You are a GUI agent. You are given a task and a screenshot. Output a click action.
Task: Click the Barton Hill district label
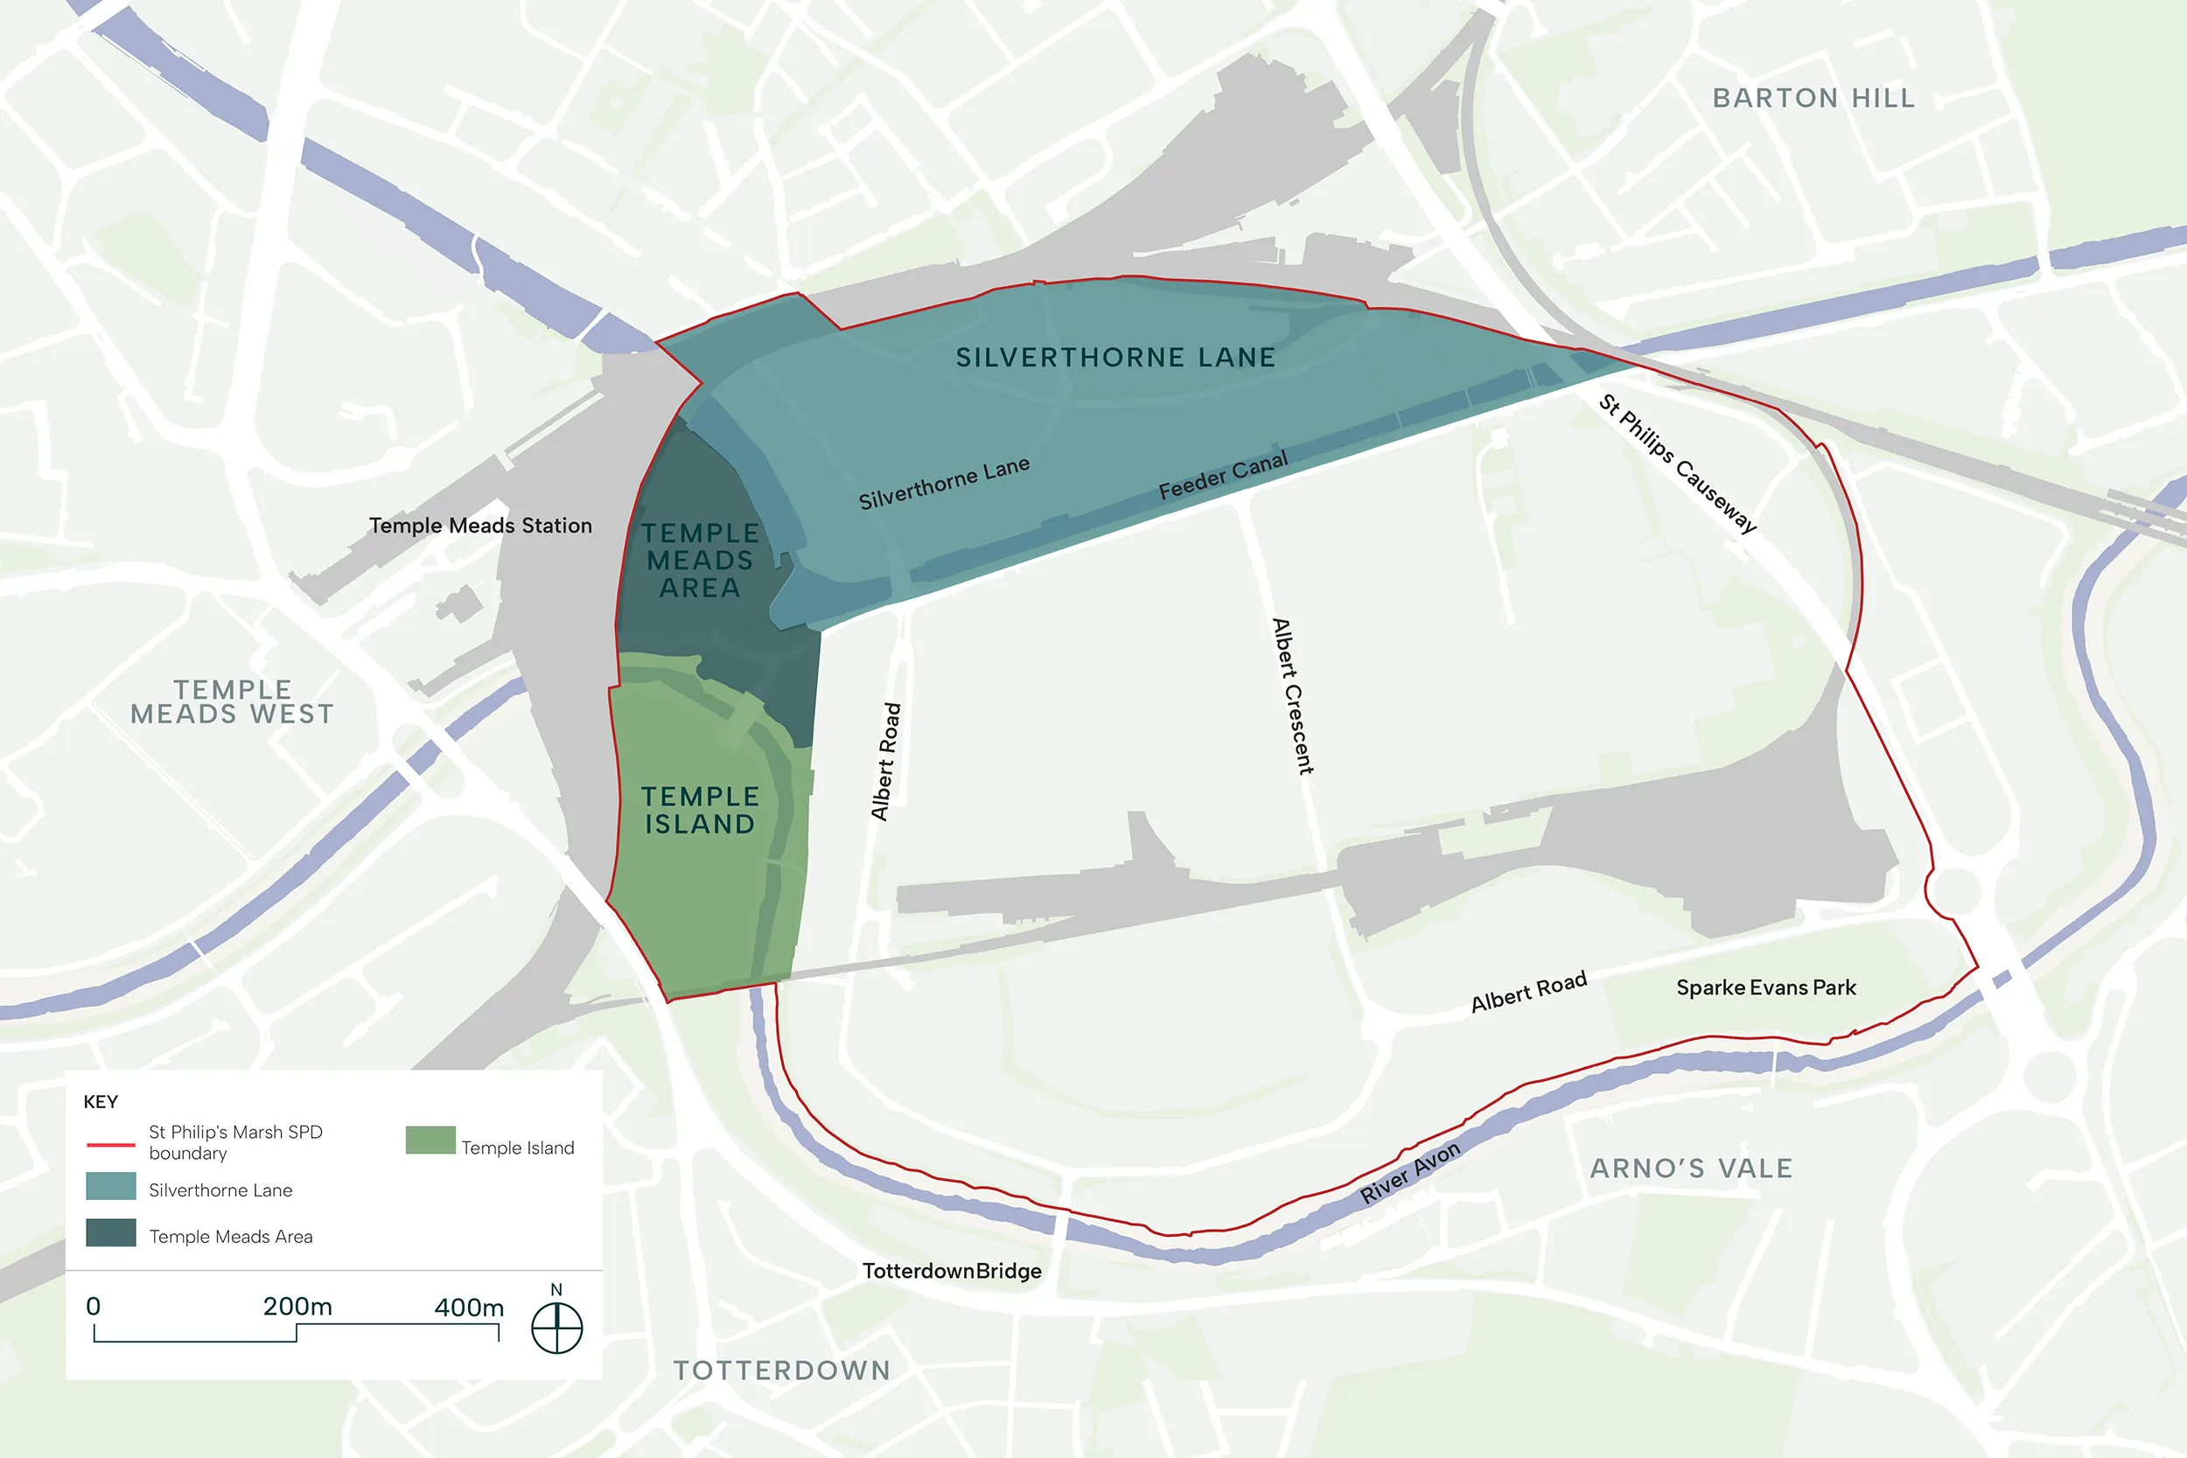pyautogui.click(x=1813, y=98)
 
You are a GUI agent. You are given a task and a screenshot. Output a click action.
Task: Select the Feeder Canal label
pyautogui.click(x=1223, y=475)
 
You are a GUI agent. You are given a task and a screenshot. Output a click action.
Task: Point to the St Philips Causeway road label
pyautogui.click(x=1678, y=463)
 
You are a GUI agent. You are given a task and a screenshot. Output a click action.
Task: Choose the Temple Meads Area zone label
pyautogui.click(x=700, y=560)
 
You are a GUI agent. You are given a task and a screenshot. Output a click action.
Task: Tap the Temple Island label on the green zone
pyautogui.click(x=700, y=810)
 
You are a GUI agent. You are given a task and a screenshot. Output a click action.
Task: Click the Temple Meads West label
pyautogui.click(x=232, y=702)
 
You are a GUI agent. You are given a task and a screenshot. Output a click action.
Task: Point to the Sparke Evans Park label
pyautogui.click(x=1765, y=987)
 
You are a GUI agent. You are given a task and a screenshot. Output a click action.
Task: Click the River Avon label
pyautogui.click(x=1409, y=1173)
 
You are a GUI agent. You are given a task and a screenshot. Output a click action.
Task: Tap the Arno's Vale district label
pyautogui.click(x=1690, y=1168)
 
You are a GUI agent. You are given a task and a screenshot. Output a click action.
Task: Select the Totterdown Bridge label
pyautogui.click(x=951, y=1271)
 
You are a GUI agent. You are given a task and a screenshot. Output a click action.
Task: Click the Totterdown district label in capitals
pyautogui.click(x=782, y=1371)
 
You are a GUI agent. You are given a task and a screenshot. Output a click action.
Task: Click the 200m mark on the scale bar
pyautogui.click(x=297, y=1308)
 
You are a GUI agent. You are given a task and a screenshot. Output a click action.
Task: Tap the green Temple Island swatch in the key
pyautogui.click(x=430, y=1140)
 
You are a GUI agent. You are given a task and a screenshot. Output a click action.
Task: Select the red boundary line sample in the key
pyautogui.click(x=110, y=1145)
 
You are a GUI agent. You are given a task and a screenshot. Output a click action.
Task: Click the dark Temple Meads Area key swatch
pyautogui.click(x=110, y=1233)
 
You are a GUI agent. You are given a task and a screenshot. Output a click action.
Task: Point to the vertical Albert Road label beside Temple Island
pyautogui.click(x=885, y=762)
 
